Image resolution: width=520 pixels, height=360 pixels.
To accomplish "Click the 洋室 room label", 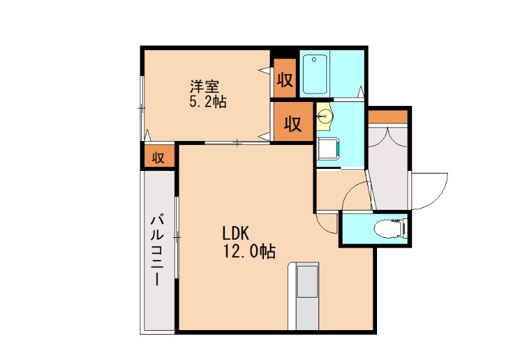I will [x=204, y=86].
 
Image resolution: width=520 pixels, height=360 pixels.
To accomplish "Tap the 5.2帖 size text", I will [x=207, y=102].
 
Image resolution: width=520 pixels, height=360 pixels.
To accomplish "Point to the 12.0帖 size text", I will [x=249, y=251].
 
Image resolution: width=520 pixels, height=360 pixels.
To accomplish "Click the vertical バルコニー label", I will [x=157, y=250].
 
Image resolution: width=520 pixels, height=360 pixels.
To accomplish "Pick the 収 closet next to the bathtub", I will [x=285, y=79].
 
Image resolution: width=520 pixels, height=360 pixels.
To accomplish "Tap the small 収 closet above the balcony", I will [x=158, y=157].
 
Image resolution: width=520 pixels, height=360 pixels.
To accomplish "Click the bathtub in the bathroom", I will [x=315, y=75].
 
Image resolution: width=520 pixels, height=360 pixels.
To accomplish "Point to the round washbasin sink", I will [x=325, y=116].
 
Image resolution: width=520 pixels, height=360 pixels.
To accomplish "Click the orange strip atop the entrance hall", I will [x=387, y=117].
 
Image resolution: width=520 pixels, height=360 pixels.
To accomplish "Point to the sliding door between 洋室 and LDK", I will [x=238, y=142].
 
